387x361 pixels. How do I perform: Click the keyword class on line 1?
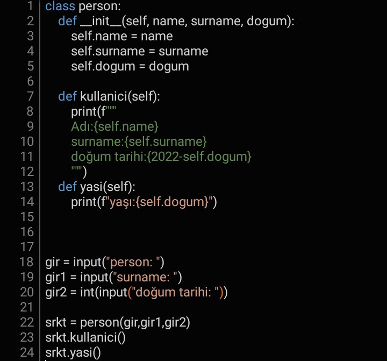pyautogui.click(x=60, y=6)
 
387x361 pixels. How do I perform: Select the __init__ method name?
pyautogui.click(x=101, y=21)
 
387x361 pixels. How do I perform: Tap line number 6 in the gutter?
pyautogui.click(x=30, y=81)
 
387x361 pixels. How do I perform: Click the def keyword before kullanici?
pyautogui.click(x=67, y=96)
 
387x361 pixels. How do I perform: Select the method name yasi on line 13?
pyautogui.click(x=91, y=187)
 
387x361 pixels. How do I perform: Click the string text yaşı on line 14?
pyautogui.click(x=120, y=202)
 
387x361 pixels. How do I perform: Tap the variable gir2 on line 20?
pyautogui.click(x=56, y=293)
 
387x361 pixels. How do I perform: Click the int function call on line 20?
pyautogui.click(x=88, y=292)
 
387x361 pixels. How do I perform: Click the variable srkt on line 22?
pyautogui.click(x=56, y=322)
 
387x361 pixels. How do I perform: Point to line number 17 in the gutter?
pyautogui.click(x=27, y=247)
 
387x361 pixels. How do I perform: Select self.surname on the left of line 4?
pyautogui.click(x=108, y=52)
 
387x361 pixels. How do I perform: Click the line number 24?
pyautogui.click(x=27, y=352)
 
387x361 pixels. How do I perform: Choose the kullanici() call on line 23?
pyautogui.click(x=98, y=337)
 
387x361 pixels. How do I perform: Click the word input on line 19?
pyautogui.click(x=95, y=278)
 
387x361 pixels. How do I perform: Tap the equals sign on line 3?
pyautogui.click(x=134, y=37)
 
